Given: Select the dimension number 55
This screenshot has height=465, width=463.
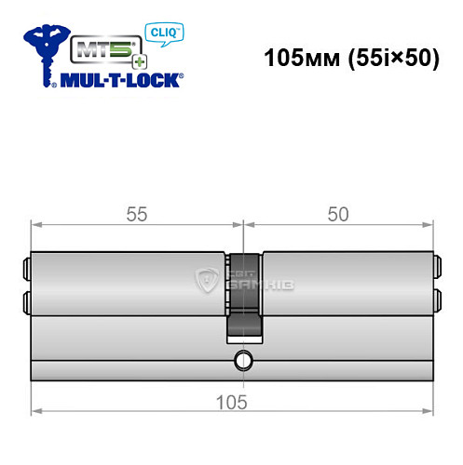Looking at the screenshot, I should (137, 213).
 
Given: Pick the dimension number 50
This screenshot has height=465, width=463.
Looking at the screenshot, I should (338, 213).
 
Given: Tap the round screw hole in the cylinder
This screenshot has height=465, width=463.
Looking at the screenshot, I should (243, 359).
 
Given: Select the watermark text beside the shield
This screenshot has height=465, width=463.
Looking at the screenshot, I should (244, 280).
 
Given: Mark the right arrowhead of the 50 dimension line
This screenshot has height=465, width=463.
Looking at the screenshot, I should (430, 223).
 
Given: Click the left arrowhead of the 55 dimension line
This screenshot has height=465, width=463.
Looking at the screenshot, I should (35, 223).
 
